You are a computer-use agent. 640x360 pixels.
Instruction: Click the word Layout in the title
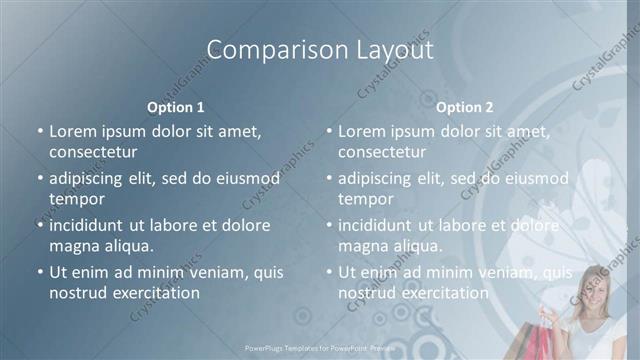click(x=387, y=50)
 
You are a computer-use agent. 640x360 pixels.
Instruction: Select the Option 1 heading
click(x=176, y=106)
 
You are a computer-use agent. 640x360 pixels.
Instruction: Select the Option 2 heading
click(x=465, y=106)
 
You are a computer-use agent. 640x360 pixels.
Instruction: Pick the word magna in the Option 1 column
click(x=73, y=246)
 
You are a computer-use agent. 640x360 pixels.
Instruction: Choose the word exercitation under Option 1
click(x=156, y=293)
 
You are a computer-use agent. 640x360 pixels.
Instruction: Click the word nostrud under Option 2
click(x=367, y=293)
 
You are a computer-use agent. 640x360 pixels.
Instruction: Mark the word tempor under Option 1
click(x=77, y=199)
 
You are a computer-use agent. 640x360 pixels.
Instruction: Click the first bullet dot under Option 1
click(x=40, y=131)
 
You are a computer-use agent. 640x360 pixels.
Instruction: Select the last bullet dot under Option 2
click(x=329, y=272)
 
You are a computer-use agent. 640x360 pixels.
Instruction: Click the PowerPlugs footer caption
click(x=320, y=348)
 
